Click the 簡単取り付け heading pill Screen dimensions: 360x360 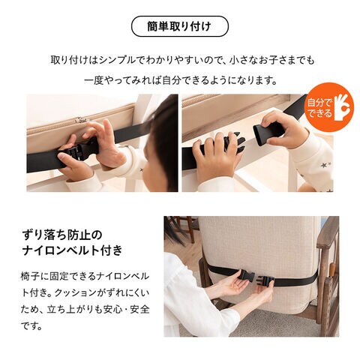(180, 26)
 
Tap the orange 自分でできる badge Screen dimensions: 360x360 (330, 108)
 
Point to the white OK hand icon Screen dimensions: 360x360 (343, 107)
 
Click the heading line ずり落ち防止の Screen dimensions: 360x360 (62, 235)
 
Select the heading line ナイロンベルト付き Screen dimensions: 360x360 (72, 250)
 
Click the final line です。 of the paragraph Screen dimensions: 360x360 (31, 326)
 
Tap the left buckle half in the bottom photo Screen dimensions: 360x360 (246, 275)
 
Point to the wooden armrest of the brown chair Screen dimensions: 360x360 (329, 228)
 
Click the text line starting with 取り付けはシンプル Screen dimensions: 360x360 (182, 61)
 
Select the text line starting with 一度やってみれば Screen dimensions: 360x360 (181, 80)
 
